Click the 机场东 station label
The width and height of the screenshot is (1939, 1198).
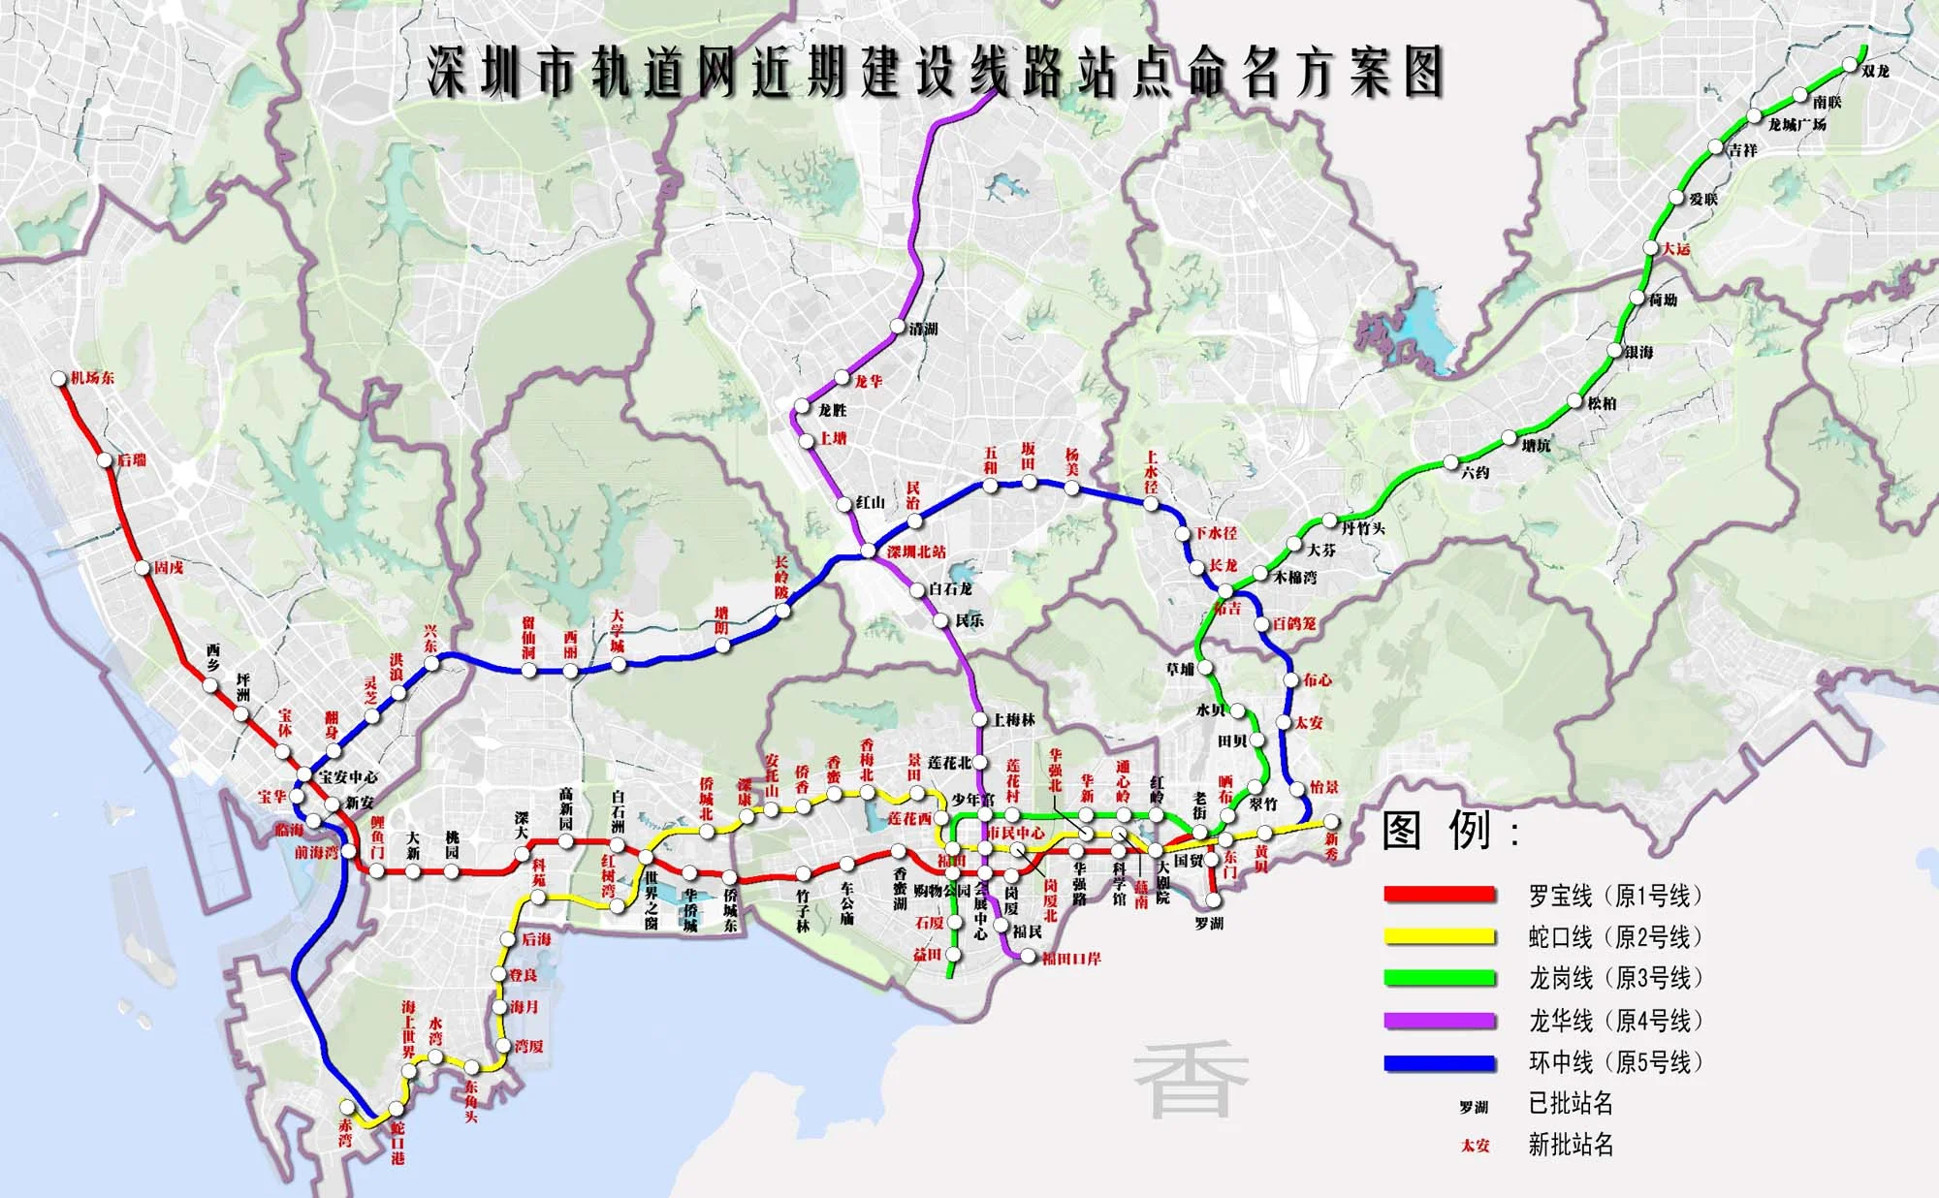tap(92, 378)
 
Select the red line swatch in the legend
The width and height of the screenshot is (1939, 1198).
tap(1439, 894)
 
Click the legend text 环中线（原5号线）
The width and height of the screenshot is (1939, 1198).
tap(1615, 1062)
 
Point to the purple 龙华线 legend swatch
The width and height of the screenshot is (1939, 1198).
tap(1439, 1020)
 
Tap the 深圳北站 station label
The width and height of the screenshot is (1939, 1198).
tap(916, 552)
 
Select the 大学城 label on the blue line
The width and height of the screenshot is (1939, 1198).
tap(618, 631)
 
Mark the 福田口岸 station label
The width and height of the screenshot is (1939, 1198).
tap(1071, 960)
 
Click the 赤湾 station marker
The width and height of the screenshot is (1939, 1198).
tap(346, 1107)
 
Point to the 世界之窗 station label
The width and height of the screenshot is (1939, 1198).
tap(652, 900)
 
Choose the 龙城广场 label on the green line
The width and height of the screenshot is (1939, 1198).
tap(1796, 125)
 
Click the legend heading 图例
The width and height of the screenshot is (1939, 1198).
tap(1449, 831)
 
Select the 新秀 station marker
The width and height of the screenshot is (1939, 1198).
tap(1331, 822)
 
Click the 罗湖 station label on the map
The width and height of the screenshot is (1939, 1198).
tap(1209, 924)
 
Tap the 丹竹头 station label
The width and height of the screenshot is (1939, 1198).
tap(1363, 528)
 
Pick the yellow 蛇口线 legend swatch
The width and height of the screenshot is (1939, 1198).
tap(1439, 936)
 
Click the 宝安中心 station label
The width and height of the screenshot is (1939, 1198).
tap(348, 777)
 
